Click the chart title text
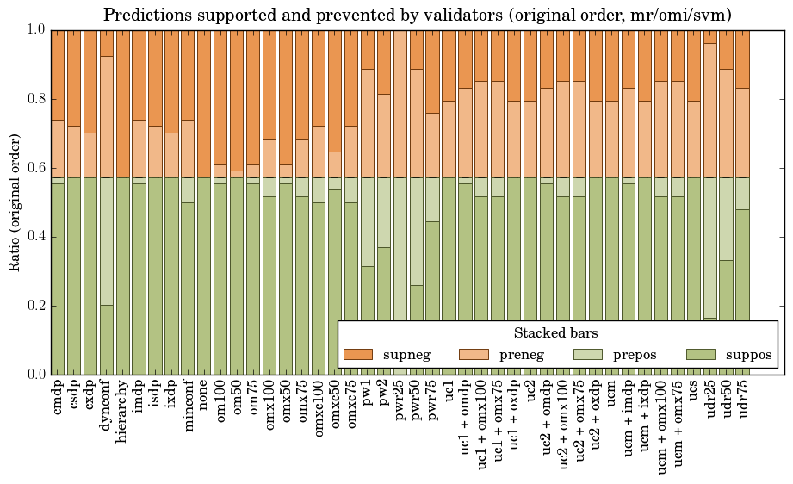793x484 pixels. [418, 15]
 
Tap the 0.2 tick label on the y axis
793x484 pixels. [34, 306]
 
